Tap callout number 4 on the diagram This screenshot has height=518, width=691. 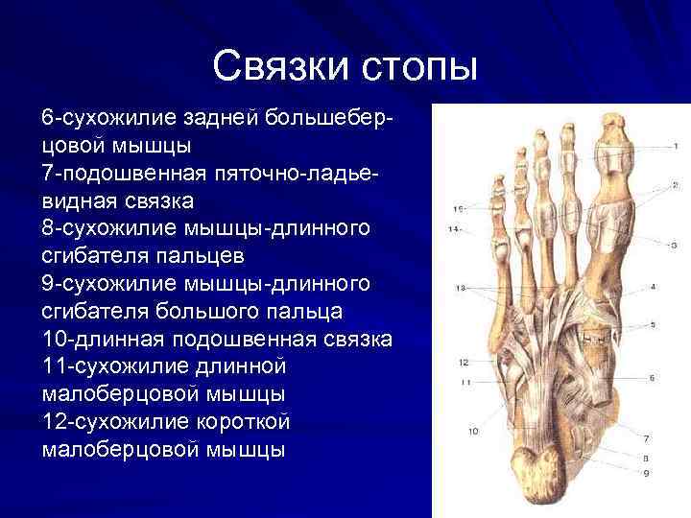[x=653, y=287]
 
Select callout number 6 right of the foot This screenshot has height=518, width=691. [x=652, y=379]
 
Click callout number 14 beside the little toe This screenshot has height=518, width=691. [x=454, y=228]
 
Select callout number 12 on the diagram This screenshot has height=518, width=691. [x=464, y=363]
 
